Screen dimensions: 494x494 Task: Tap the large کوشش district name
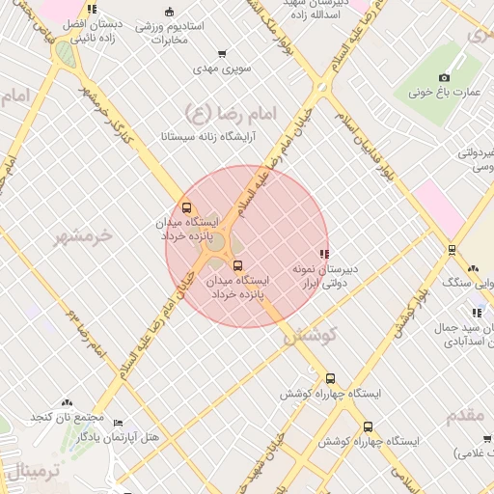308,336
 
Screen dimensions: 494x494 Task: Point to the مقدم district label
470,416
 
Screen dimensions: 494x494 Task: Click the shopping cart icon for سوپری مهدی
223,54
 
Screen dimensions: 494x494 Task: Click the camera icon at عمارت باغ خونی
444,77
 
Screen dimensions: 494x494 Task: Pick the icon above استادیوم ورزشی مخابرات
170,12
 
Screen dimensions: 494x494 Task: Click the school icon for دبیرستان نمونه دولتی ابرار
323,253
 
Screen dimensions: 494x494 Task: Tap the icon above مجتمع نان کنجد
67,402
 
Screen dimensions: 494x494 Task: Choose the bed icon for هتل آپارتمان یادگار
118,424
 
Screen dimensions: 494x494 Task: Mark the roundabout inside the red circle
218,244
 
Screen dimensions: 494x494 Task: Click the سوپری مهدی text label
222,69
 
